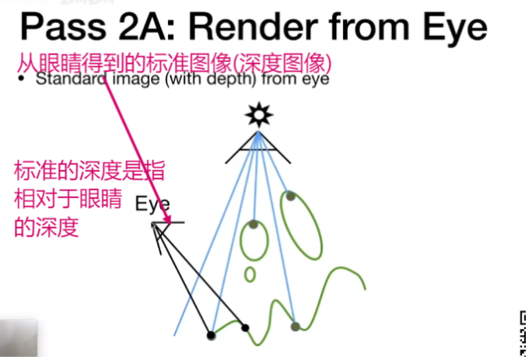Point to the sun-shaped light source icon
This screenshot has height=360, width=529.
[x=258, y=116]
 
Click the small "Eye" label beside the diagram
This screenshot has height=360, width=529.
[x=152, y=204]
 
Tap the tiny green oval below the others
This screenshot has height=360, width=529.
[x=250, y=274]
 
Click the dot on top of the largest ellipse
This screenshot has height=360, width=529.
[x=290, y=196]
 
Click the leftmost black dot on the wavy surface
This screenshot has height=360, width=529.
[x=211, y=335]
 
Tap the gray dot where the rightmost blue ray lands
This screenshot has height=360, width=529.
[x=295, y=327]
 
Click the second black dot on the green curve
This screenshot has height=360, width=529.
[x=245, y=327]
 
